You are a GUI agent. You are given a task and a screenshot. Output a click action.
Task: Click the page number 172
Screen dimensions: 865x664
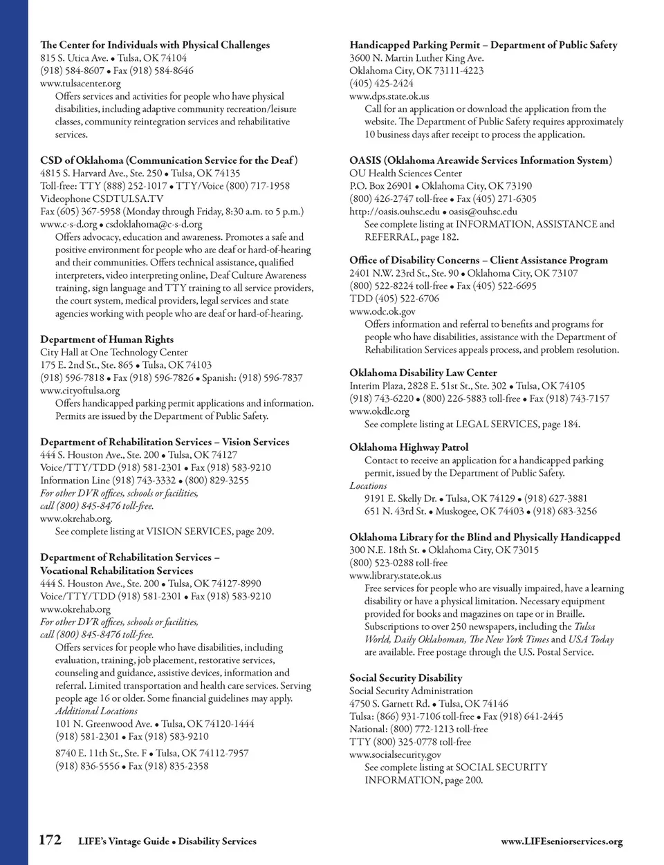tap(50, 840)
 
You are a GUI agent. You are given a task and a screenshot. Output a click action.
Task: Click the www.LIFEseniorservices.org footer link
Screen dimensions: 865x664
tap(562, 841)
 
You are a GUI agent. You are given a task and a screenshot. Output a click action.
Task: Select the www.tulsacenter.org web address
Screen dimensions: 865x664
tap(80, 84)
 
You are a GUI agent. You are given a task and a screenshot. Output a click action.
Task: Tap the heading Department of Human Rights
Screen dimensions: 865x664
tap(107, 340)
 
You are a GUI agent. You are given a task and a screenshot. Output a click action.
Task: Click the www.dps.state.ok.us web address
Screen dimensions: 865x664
tap(389, 96)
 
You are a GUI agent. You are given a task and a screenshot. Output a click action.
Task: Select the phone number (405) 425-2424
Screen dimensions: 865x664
tap(382, 84)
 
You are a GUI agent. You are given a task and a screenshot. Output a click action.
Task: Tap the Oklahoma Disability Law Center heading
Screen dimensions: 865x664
tap(423, 373)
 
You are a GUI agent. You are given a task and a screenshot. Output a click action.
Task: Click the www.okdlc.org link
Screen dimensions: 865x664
tap(379, 411)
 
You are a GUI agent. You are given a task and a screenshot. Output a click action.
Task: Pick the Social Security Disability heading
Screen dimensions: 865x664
tap(405, 678)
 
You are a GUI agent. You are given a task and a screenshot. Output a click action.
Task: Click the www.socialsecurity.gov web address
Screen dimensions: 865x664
tap(395, 755)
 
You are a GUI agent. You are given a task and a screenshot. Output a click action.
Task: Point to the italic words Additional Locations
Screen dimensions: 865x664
tap(96, 711)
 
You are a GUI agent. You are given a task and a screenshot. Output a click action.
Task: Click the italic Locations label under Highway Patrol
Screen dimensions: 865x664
tap(368, 486)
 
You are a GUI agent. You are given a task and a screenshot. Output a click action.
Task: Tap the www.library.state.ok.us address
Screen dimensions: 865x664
tap(395, 575)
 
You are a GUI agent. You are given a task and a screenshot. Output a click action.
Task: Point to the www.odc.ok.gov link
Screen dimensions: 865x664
tap(382, 312)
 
